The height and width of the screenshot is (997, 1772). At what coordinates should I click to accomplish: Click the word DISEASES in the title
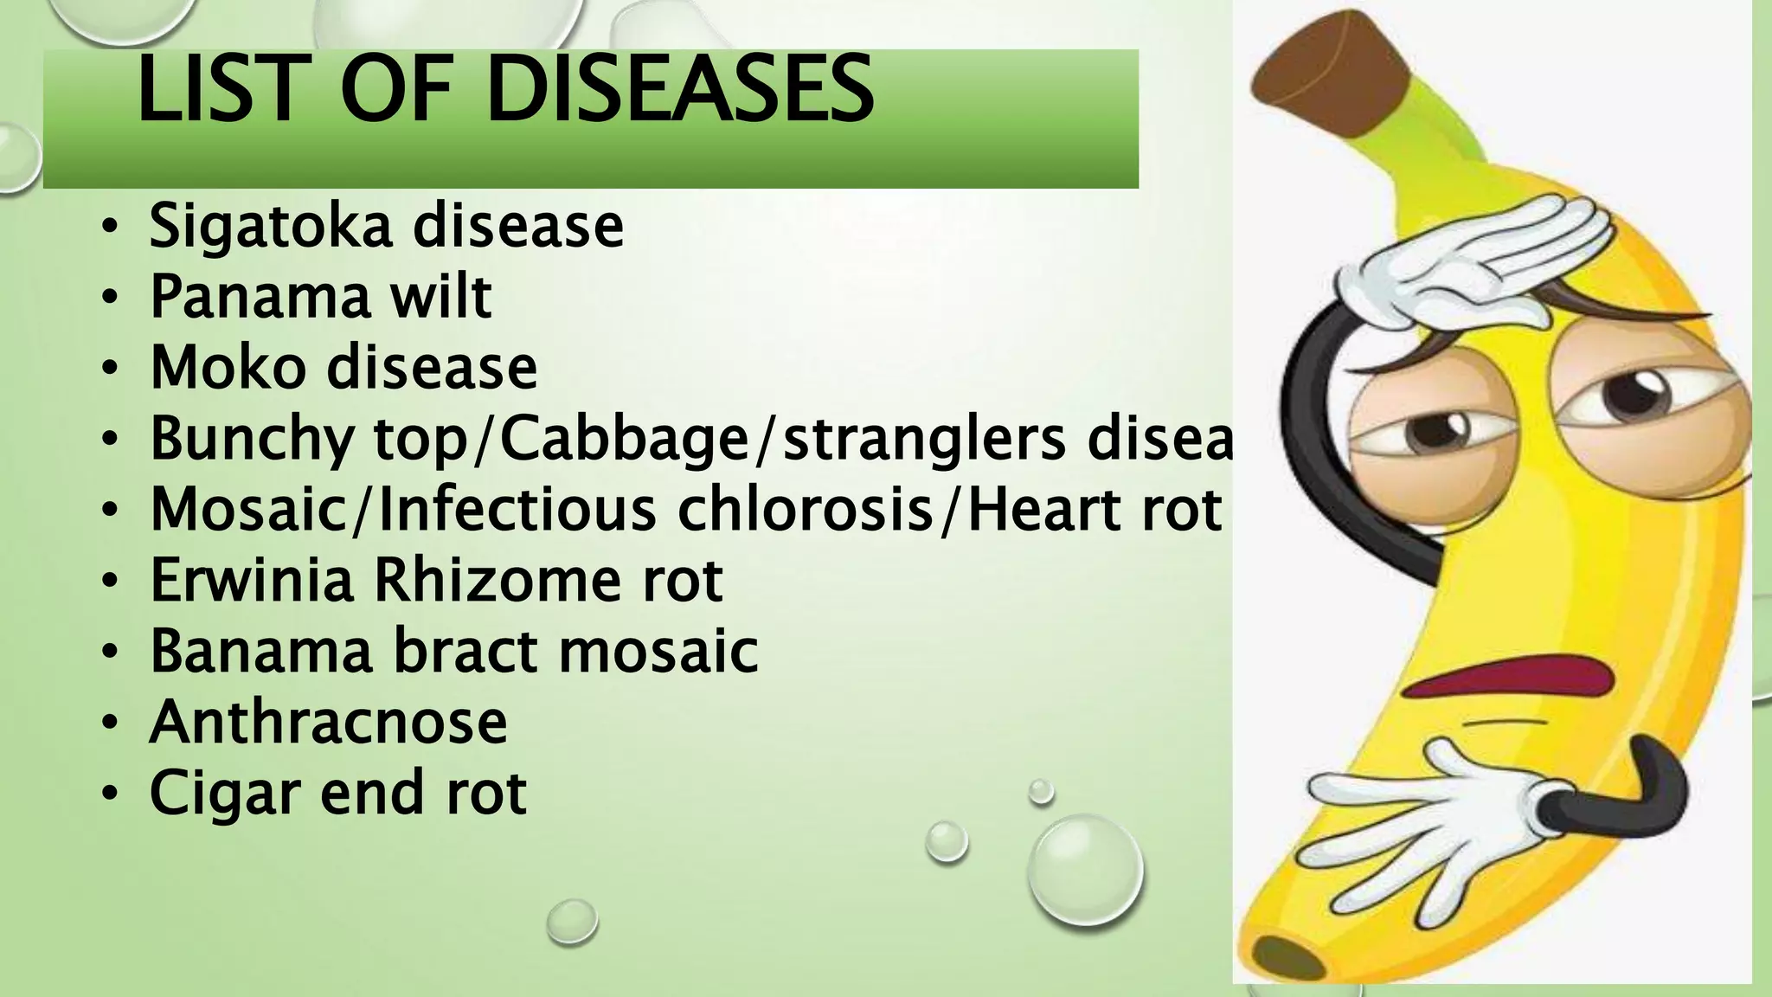tap(679, 89)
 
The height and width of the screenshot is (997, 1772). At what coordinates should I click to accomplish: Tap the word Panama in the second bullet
tap(260, 297)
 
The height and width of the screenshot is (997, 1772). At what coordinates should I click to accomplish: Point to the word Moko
tap(228, 367)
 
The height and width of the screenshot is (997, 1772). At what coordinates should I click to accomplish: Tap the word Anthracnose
tap(328, 722)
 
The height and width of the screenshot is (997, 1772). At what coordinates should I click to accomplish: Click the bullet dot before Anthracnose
tap(108, 724)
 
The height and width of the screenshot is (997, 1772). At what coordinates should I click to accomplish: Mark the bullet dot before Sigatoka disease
tap(108, 228)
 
